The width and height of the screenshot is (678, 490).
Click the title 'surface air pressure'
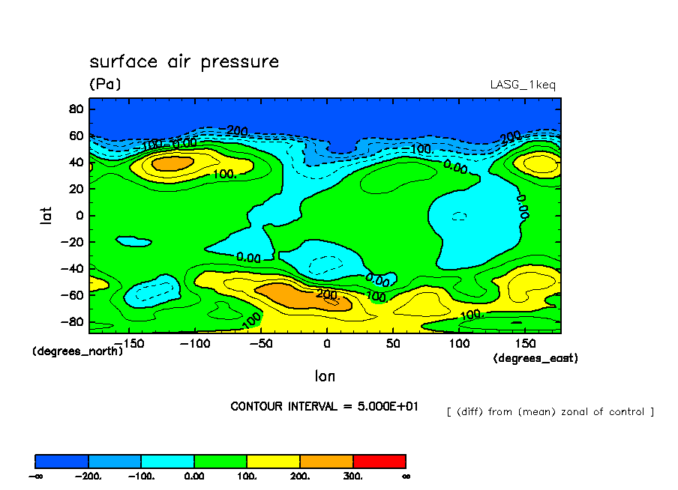click(x=184, y=61)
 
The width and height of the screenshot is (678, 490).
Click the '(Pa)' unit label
click(x=105, y=85)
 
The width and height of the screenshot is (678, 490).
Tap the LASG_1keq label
click(x=523, y=85)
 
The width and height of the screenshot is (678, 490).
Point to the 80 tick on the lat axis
click(x=75, y=109)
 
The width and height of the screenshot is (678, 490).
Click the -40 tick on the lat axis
click(x=72, y=268)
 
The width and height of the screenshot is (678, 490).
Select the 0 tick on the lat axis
click(x=79, y=215)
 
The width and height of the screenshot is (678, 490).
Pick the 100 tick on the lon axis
click(x=459, y=343)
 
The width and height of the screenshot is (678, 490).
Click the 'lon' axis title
click(x=325, y=375)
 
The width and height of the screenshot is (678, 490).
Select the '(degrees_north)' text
click(x=77, y=351)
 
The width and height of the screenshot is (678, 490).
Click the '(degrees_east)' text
click(x=535, y=358)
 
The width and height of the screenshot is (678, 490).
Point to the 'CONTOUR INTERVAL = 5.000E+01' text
click(x=324, y=406)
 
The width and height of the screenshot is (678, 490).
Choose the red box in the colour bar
click(x=379, y=461)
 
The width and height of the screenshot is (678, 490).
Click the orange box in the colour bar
click(x=326, y=461)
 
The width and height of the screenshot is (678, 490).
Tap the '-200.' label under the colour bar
click(x=88, y=476)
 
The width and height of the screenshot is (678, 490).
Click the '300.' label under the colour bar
click(x=353, y=476)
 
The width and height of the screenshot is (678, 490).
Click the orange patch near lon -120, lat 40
click(x=172, y=163)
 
